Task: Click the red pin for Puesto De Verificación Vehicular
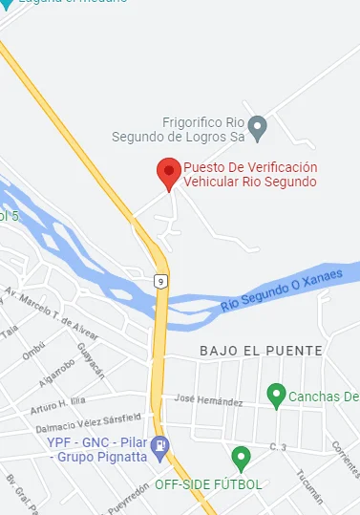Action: coord(169,173)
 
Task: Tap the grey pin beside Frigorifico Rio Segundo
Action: coord(256,126)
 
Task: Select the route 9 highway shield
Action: coord(161,280)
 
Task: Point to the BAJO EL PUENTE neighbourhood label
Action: coord(261,352)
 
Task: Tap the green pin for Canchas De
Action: coord(276,393)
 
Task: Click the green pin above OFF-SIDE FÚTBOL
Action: coord(241,457)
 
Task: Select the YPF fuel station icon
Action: coord(160,443)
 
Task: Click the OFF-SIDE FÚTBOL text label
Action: coord(208,484)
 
